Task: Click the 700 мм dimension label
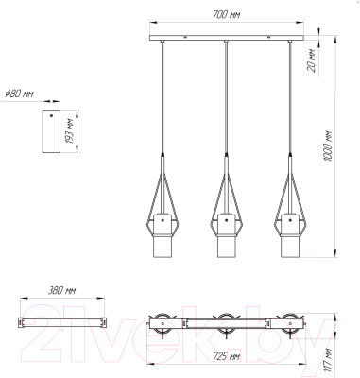[x=227, y=15]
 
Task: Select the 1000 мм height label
[x=328, y=146]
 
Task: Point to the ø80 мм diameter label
[x=20, y=94]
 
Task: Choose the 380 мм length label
[x=62, y=290]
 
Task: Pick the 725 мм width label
[x=227, y=357]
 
